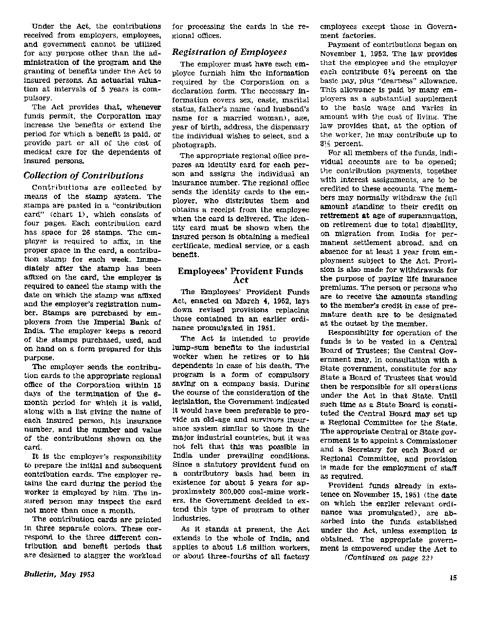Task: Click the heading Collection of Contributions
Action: click(x=83, y=176)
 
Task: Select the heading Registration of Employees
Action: click(x=229, y=52)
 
